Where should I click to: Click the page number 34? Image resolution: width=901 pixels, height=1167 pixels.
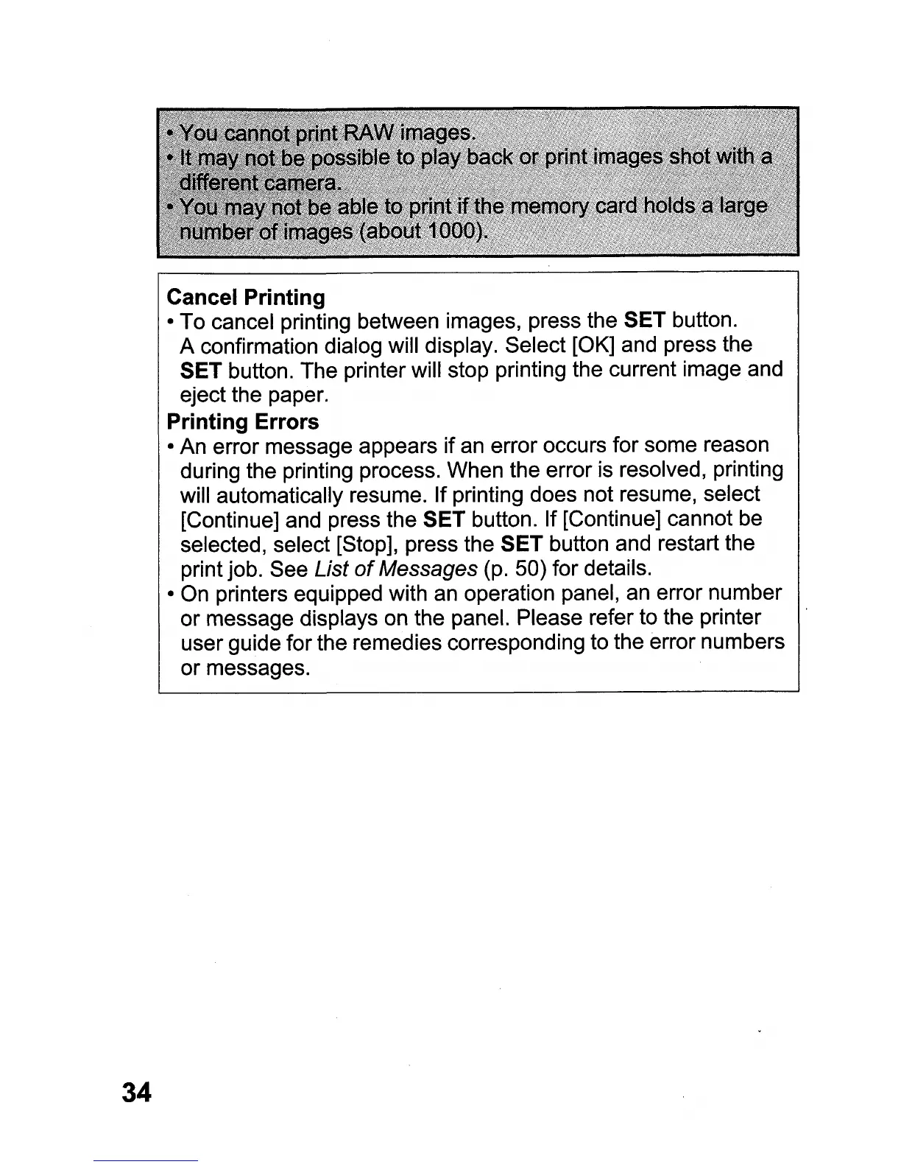[137, 1091]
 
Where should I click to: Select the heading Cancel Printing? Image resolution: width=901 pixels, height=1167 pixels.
[246, 298]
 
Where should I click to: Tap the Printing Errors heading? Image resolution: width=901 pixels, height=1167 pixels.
[243, 421]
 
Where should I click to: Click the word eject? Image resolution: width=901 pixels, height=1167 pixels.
[202, 396]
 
